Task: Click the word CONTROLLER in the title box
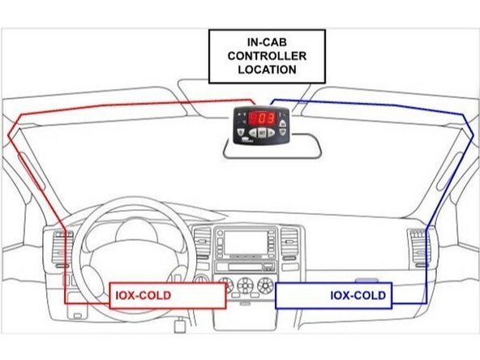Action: (267, 55)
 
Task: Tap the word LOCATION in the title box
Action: (267, 70)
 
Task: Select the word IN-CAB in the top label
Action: (267, 41)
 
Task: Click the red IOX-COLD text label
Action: (142, 295)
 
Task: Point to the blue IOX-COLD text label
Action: (358, 295)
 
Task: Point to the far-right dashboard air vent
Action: (418, 243)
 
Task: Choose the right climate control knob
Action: (265, 285)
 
